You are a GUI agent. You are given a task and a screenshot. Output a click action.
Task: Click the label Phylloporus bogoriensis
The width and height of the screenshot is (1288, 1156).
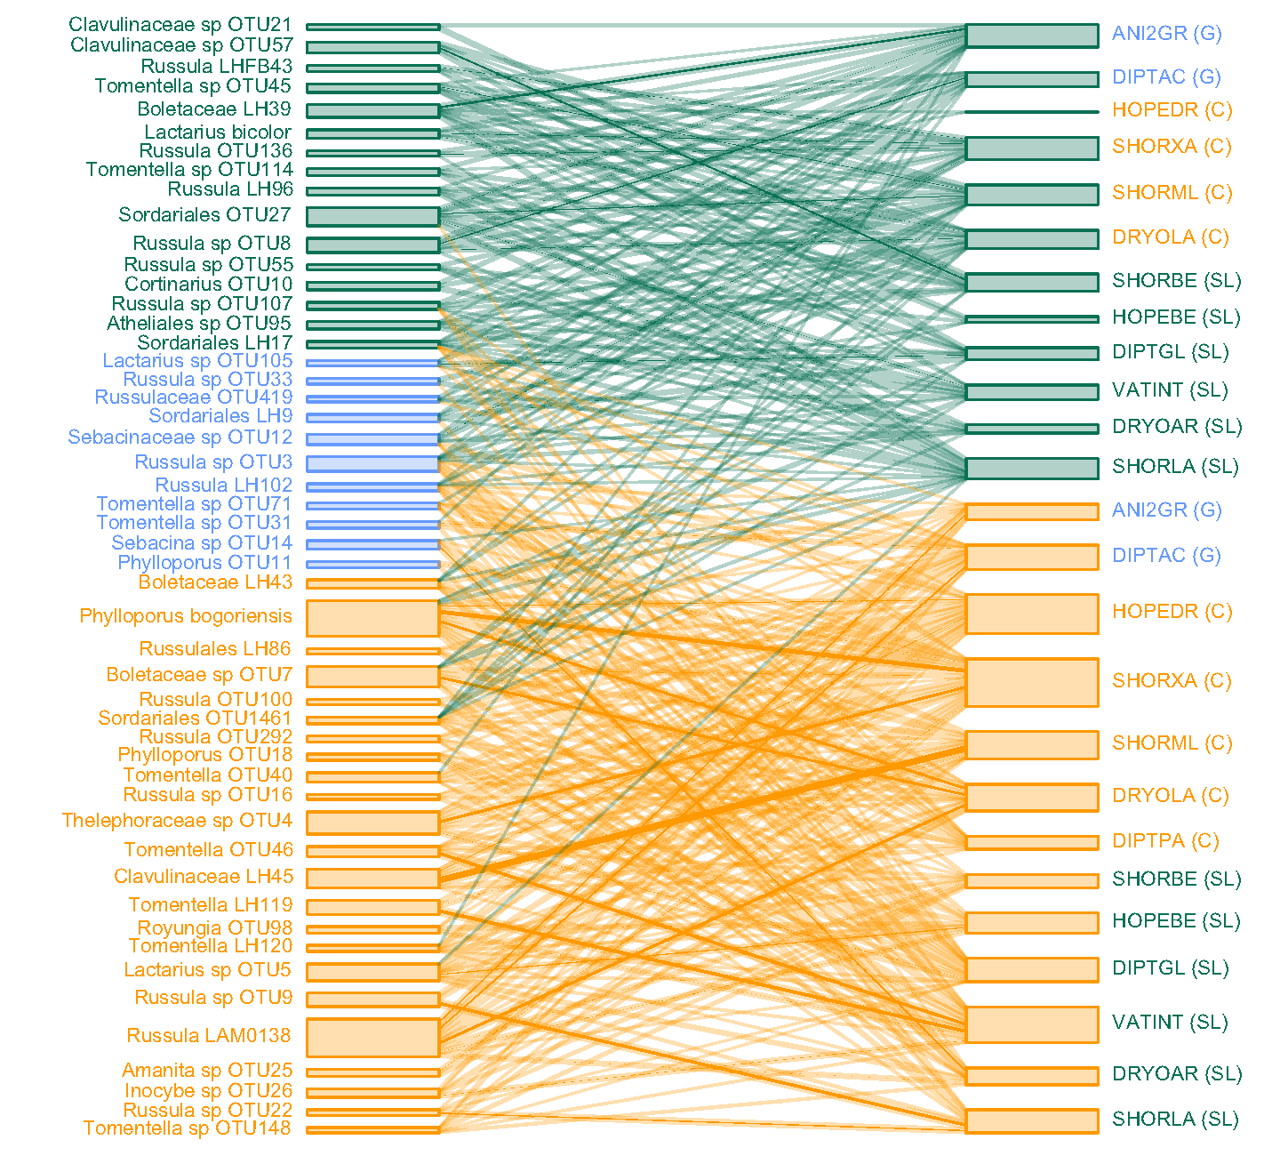tap(186, 616)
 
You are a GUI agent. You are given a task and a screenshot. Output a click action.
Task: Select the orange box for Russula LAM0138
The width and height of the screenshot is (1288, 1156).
tap(373, 1038)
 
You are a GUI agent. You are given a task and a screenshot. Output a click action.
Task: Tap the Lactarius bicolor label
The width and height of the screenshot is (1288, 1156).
tap(218, 132)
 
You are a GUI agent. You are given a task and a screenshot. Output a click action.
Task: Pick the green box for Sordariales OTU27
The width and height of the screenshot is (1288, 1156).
tap(373, 216)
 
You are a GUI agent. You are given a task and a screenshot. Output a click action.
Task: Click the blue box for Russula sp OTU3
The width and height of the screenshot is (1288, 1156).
tap(373, 463)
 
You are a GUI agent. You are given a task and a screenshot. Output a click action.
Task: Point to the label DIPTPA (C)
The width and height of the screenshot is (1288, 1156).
tap(1165, 841)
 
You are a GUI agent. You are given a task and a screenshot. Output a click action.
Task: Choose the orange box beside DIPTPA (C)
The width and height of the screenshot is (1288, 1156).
tap(1032, 842)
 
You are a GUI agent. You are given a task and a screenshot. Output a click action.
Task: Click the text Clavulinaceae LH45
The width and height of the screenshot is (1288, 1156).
tap(204, 877)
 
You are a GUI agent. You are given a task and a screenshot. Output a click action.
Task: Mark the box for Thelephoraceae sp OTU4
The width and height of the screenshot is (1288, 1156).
tap(373, 822)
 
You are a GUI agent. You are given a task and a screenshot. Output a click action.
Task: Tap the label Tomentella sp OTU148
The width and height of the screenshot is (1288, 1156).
tap(188, 1128)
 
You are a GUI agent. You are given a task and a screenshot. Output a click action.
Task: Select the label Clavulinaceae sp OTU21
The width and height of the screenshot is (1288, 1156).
tap(180, 25)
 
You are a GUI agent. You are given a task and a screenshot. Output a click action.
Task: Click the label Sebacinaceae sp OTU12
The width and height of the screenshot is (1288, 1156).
tap(180, 438)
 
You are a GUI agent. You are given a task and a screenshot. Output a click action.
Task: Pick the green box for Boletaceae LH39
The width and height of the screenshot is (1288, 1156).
tap(373, 111)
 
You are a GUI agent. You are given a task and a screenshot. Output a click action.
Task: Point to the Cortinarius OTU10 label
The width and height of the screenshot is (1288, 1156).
tap(209, 285)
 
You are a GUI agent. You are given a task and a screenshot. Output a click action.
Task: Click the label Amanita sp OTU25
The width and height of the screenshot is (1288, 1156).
tap(207, 1071)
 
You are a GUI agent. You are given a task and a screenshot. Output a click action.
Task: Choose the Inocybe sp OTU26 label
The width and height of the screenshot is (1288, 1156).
tap(208, 1091)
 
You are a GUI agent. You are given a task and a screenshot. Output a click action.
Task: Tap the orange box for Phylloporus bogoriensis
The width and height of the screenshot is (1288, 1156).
tap(373, 618)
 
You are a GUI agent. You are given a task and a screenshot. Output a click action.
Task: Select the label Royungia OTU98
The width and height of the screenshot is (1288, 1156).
tap(214, 927)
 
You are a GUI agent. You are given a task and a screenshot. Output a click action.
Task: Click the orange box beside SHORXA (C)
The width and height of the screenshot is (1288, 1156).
tap(1032, 683)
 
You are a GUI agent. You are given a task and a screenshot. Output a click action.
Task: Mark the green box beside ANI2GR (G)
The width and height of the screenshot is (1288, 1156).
tap(1032, 36)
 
